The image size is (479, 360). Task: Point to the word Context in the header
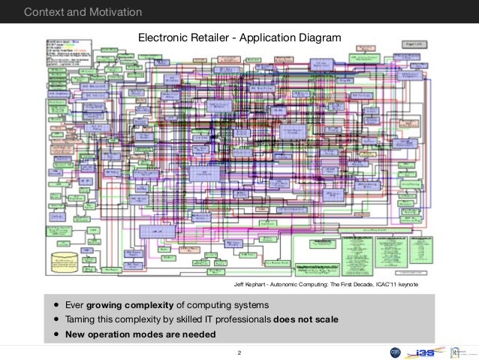[43, 11]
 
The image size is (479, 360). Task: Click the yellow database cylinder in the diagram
[65, 263]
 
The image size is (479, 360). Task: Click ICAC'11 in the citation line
[380, 286]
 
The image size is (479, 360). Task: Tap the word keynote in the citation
[405, 286]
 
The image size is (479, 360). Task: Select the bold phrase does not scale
[306, 320]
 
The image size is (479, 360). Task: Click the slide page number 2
[239, 352]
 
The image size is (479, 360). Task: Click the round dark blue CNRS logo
[395, 352]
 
